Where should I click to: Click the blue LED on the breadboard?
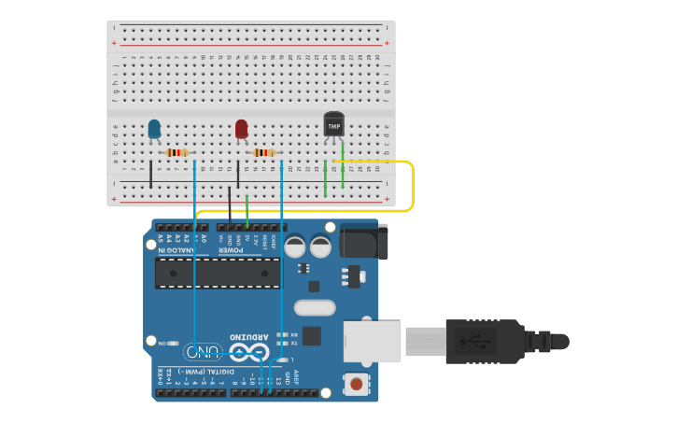154,128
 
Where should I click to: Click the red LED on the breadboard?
242,128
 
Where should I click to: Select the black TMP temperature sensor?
333,124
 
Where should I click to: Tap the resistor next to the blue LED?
176,153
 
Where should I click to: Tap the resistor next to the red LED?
264,153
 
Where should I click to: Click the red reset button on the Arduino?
356,383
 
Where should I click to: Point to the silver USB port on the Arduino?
372,341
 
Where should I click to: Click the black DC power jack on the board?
363,241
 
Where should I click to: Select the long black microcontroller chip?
218,273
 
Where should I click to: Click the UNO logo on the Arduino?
203,353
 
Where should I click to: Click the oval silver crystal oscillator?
314,308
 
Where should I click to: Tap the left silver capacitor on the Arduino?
296,247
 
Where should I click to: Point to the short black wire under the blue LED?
150,174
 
